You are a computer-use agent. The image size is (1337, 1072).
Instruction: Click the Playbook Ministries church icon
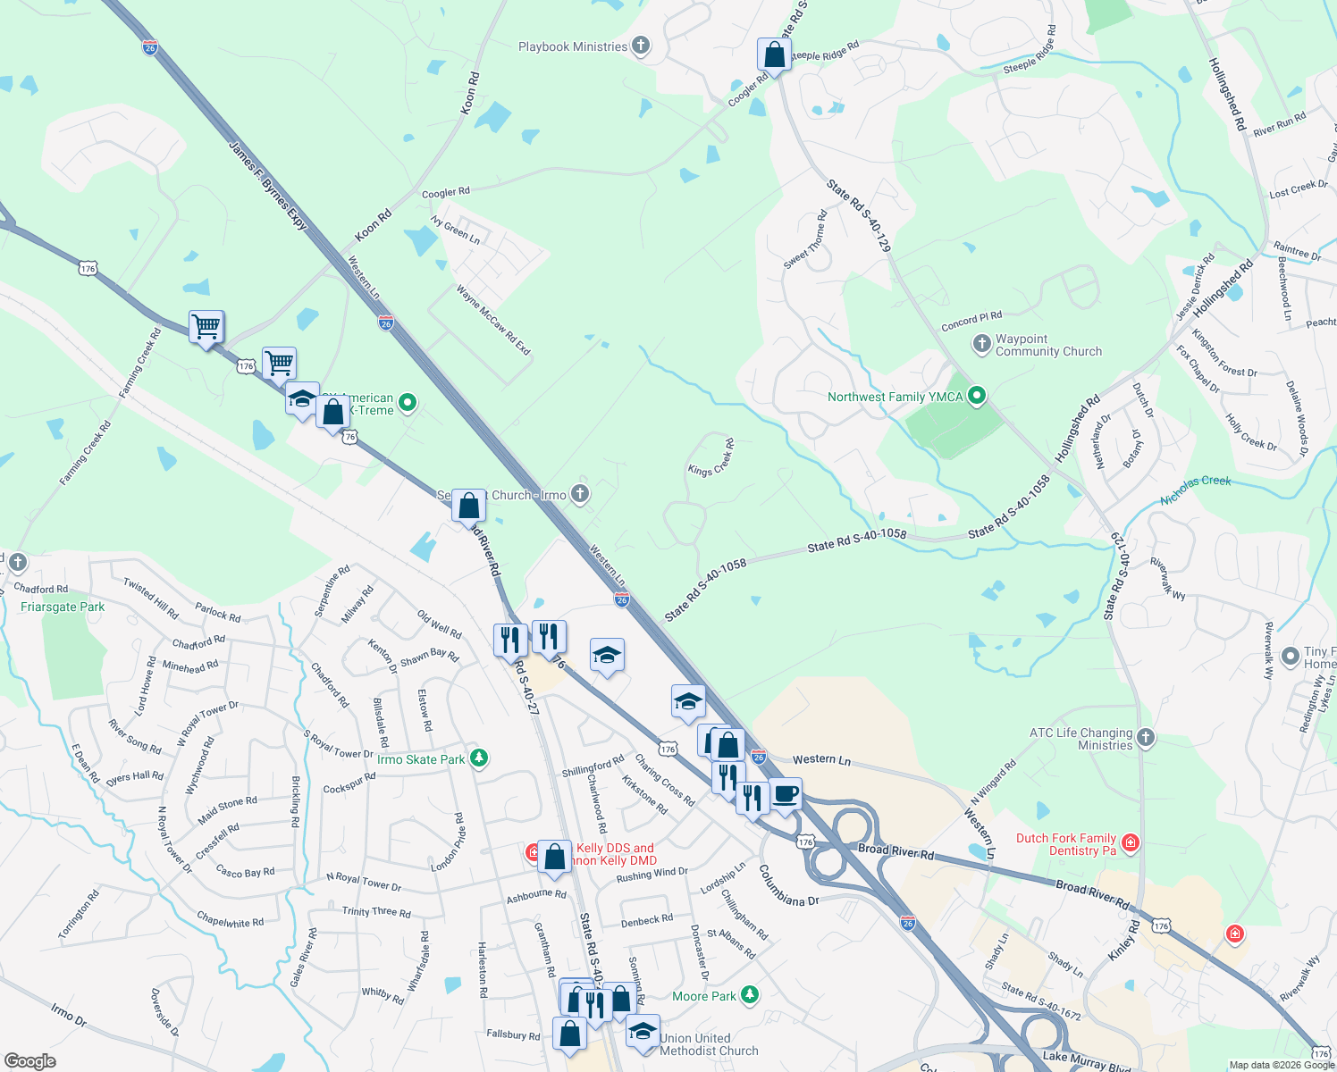[640, 46]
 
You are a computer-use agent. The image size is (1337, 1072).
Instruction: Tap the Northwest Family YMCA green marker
[977, 396]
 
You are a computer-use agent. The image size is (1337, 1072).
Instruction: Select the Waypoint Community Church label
[1048, 346]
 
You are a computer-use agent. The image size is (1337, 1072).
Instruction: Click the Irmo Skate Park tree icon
[480, 758]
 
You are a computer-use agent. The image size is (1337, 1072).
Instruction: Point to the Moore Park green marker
[750, 994]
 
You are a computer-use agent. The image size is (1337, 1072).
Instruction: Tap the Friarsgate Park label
[63, 607]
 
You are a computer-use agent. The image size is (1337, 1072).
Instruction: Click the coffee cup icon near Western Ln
[786, 794]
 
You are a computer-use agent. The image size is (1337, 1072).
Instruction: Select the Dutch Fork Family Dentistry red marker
[1131, 842]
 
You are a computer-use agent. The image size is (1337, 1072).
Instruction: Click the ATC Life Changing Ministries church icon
[1146, 738]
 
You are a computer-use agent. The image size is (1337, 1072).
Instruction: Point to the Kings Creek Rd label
[711, 458]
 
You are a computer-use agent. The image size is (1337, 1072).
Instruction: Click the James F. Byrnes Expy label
[268, 186]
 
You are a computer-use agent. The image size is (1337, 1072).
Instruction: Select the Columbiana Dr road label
[788, 885]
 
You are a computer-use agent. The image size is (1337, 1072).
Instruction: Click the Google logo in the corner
[30, 1060]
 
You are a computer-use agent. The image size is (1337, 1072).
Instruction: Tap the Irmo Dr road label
[69, 1015]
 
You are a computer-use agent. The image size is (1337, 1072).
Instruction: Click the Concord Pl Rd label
[971, 322]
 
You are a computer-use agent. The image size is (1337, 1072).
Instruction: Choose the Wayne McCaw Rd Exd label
[493, 320]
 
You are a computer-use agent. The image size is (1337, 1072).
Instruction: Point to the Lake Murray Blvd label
[1087, 1060]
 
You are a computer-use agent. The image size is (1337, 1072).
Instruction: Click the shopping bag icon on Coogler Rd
[774, 55]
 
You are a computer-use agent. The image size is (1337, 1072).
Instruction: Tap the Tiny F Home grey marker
[1290, 657]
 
